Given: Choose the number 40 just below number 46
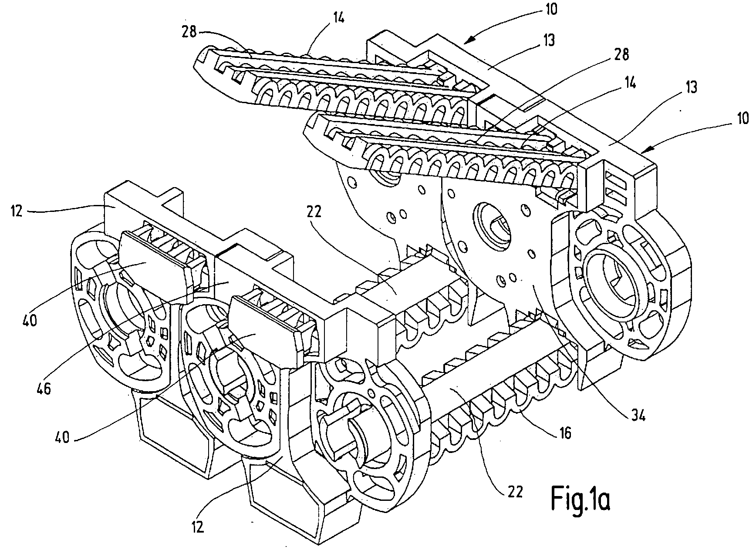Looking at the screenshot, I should coord(63,436).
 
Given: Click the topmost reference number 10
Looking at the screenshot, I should coord(551,9).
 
